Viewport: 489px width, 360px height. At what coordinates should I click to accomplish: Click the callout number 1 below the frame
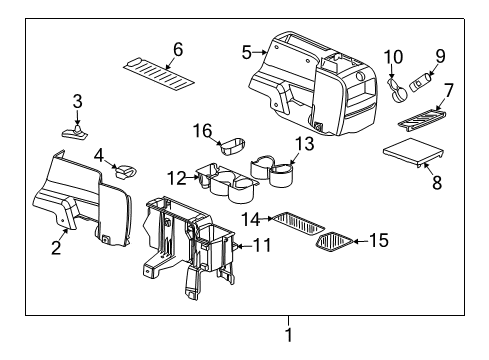(x=289, y=336)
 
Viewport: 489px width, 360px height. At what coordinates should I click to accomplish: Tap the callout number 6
(x=178, y=49)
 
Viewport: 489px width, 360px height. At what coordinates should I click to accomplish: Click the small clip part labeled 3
(x=75, y=130)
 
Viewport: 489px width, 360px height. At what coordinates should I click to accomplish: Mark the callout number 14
(x=253, y=216)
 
